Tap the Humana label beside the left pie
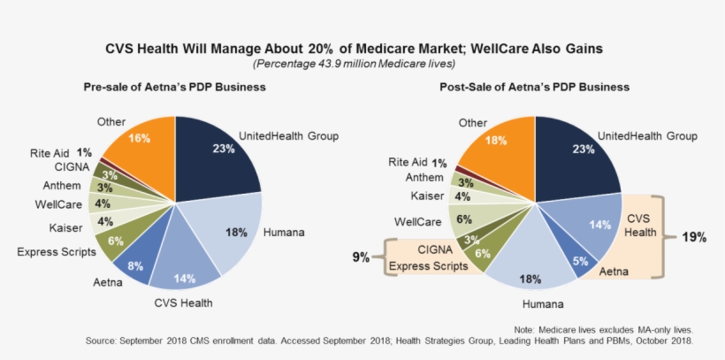coord(284,233)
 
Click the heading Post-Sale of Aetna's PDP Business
coord(536,88)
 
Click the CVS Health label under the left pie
coord(184,303)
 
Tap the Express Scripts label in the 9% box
coord(431,264)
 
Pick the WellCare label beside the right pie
coord(417,220)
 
